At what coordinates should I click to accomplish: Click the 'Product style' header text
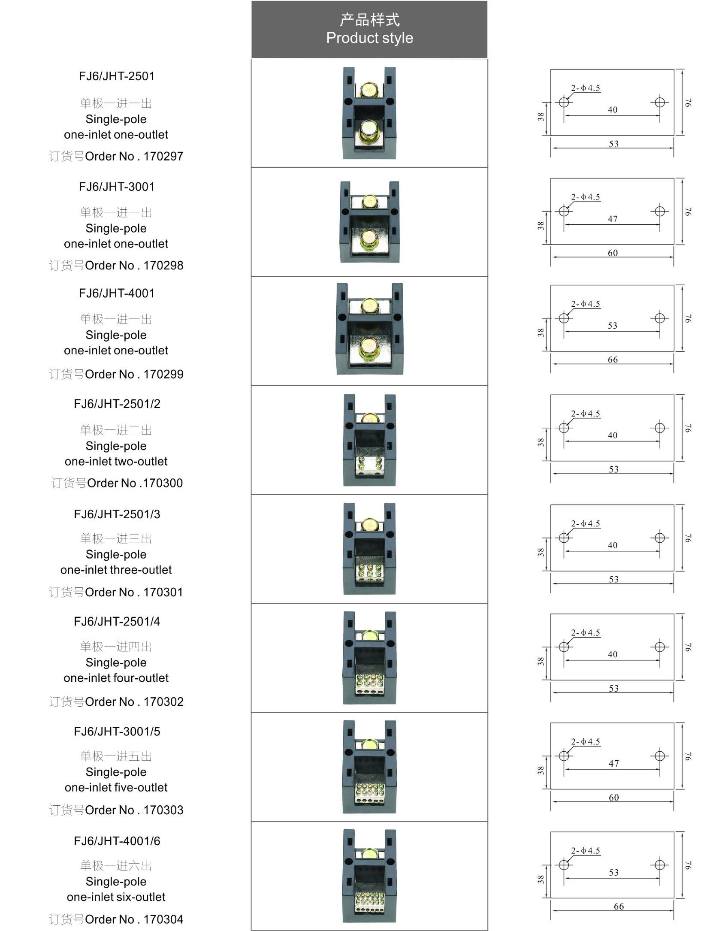pyautogui.click(x=369, y=38)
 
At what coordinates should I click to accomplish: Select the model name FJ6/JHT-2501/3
pyautogui.click(x=117, y=514)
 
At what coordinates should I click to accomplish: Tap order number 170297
pyautogui.click(x=163, y=156)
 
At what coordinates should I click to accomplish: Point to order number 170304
pyautogui.click(x=163, y=919)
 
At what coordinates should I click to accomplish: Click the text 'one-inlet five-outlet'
pyautogui.click(x=116, y=787)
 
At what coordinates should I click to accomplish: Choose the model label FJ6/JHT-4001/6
pyautogui.click(x=117, y=841)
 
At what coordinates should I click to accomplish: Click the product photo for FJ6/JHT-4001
pyautogui.click(x=369, y=329)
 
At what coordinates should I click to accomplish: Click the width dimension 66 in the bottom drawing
pyautogui.click(x=619, y=906)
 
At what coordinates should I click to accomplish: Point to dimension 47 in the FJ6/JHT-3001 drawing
pyautogui.click(x=613, y=219)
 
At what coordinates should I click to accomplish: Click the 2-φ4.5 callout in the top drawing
pyautogui.click(x=586, y=88)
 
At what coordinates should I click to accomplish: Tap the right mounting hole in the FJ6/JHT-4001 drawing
pyautogui.click(x=659, y=318)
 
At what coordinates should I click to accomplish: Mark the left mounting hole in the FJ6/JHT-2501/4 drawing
pyautogui.click(x=564, y=647)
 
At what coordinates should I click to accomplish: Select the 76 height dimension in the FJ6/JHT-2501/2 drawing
pyautogui.click(x=688, y=428)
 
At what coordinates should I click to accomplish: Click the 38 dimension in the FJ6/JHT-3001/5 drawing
pyautogui.click(x=541, y=770)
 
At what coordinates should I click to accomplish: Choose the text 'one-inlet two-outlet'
pyautogui.click(x=116, y=461)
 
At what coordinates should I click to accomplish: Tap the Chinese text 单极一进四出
pyautogui.click(x=116, y=646)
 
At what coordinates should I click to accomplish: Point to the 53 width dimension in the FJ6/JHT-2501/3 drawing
pyautogui.click(x=613, y=579)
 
